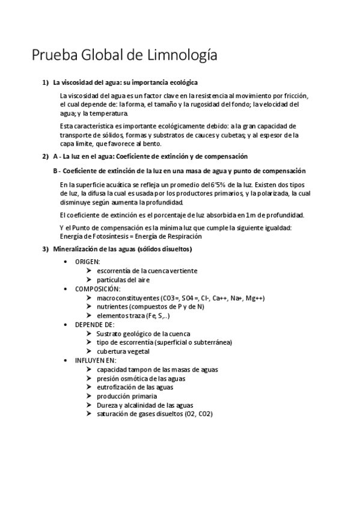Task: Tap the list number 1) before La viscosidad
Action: [x=44, y=82]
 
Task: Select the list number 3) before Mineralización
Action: [x=44, y=249]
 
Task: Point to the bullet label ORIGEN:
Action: [x=87, y=262]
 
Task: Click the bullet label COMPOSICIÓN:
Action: [x=97, y=289]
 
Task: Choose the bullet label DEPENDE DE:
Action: [x=94, y=324]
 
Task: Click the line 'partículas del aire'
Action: [x=123, y=280]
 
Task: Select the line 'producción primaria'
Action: [x=126, y=396]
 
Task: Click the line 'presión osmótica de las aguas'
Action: [x=141, y=378]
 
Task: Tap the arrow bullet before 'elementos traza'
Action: [x=89, y=315]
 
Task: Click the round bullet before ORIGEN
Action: [x=66, y=262]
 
